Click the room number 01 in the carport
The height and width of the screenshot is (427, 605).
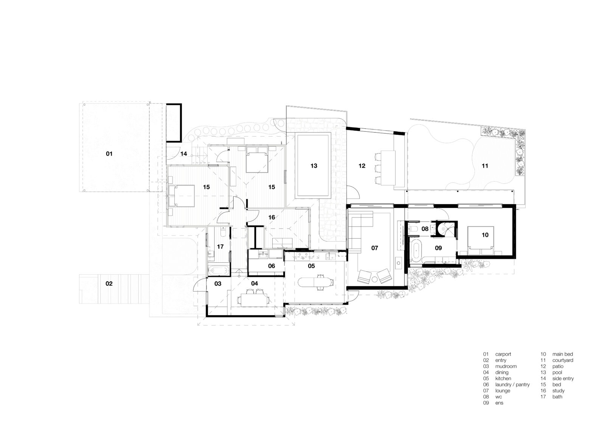click(x=109, y=154)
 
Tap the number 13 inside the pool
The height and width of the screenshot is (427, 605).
click(x=313, y=166)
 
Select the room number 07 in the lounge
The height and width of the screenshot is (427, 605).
click(x=374, y=248)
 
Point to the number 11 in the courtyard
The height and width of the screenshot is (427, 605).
click(x=485, y=166)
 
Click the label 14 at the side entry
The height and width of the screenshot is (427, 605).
click(x=184, y=154)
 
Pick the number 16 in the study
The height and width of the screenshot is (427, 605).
click(x=271, y=217)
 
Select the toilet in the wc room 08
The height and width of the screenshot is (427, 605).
click(x=413, y=229)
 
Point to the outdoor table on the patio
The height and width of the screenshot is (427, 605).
click(x=388, y=168)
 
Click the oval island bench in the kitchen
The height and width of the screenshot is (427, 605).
click(x=316, y=282)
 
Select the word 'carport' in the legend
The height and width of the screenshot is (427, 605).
click(x=503, y=354)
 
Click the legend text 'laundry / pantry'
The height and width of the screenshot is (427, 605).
click(x=512, y=385)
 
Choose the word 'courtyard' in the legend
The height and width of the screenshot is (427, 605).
click(x=563, y=361)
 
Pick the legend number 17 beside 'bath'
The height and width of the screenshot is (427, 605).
click(x=543, y=397)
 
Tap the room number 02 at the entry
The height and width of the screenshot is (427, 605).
click(x=109, y=284)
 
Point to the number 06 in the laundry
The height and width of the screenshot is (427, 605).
click(x=271, y=266)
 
